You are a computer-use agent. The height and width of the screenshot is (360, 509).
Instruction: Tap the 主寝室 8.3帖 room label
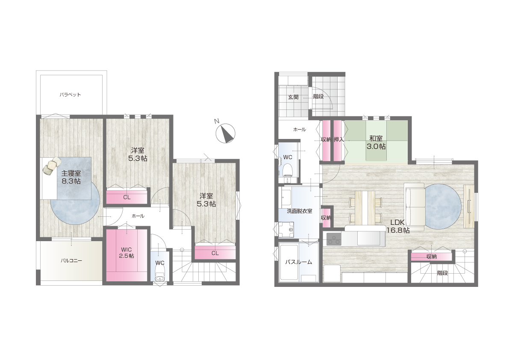pyautogui.click(x=71, y=177)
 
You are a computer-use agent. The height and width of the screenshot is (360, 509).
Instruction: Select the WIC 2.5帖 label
pyautogui.click(x=126, y=253)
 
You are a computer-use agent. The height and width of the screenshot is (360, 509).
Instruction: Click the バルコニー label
pyautogui.click(x=71, y=260)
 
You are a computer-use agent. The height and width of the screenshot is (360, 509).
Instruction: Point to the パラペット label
pyautogui.click(x=70, y=95)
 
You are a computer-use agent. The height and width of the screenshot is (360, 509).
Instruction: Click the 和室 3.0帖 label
pyautogui.click(x=376, y=142)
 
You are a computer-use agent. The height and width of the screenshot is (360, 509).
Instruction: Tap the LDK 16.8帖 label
pyautogui.click(x=397, y=226)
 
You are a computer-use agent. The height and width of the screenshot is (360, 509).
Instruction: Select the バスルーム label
pyautogui.click(x=299, y=262)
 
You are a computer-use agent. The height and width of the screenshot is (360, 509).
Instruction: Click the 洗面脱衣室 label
pyautogui.click(x=299, y=211)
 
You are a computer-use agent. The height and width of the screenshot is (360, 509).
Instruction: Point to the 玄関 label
pyautogui.click(x=294, y=97)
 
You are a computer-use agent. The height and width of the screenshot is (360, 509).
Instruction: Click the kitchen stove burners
pyautogui.click(x=334, y=239)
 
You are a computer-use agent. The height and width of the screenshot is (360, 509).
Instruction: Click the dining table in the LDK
pyautogui.click(x=365, y=207)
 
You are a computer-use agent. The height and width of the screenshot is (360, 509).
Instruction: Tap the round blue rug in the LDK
pyautogui.click(x=443, y=207)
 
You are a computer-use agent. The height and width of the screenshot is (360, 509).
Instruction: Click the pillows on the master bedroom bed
pyautogui.click(x=52, y=165)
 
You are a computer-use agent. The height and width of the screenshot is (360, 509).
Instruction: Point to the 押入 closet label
pyautogui.click(x=338, y=139)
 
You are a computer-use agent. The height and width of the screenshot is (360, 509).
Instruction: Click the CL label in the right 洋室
pyautogui.click(x=215, y=253)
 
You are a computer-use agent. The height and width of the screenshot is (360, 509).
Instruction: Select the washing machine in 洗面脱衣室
pyautogui.click(x=286, y=230)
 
